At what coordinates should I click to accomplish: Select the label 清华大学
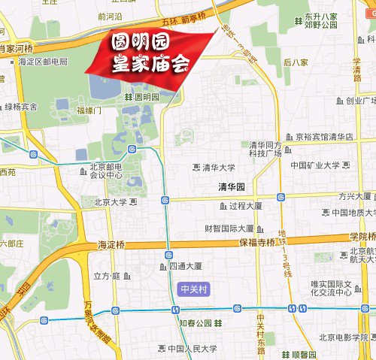pyautogui.click(x=219, y=168)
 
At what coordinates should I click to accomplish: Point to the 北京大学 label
pyautogui.click(x=111, y=202)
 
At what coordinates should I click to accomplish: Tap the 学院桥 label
pyautogui.click(x=362, y=236)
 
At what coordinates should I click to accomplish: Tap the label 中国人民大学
pyautogui.click(x=192, y=349)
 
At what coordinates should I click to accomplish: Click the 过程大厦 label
pyautogui.click(x=245, y=205)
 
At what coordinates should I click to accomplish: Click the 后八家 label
pyautogui.click(x=296, y=62)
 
